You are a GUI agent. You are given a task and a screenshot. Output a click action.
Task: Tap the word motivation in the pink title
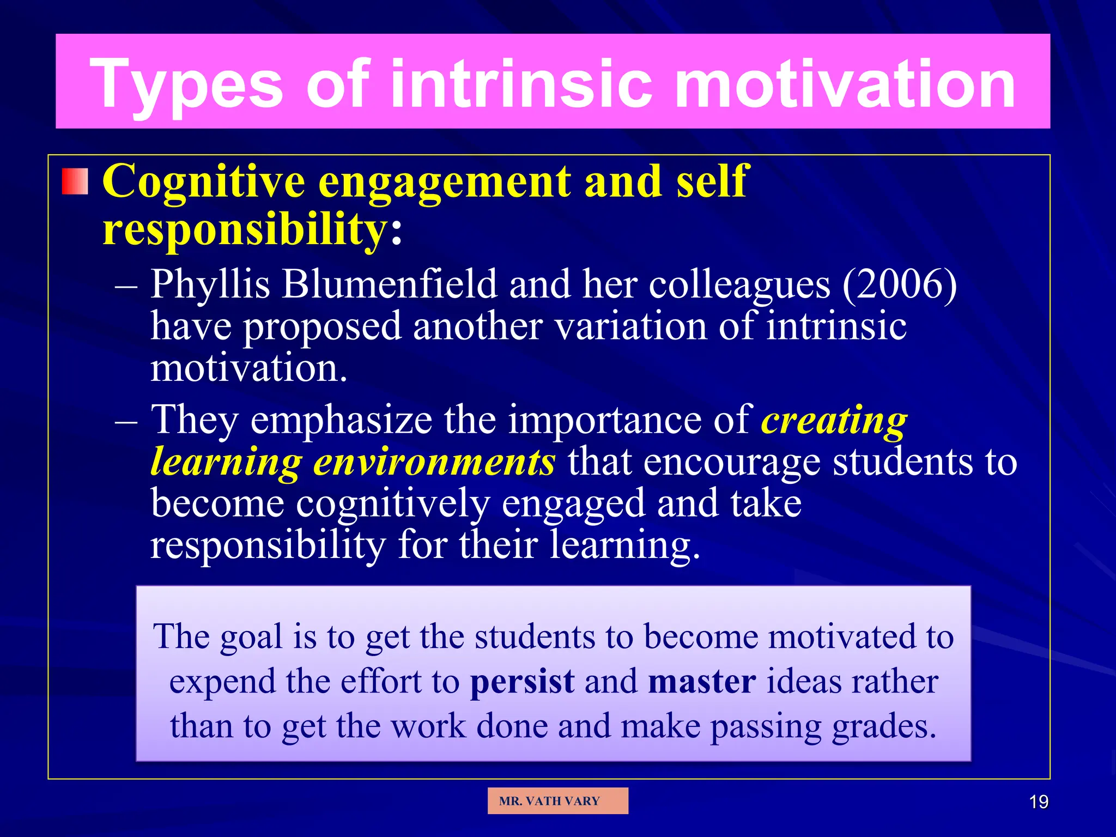pos(845,84)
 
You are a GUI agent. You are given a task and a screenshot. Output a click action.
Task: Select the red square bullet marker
pos(75,181)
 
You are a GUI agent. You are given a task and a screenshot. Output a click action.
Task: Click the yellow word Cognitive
pos(203,181)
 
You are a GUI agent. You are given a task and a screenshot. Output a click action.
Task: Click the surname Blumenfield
pos(389,284)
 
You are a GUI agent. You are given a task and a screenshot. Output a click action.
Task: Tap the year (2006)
pos(899,284)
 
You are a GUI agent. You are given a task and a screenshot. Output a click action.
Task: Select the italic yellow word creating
pos(834,421)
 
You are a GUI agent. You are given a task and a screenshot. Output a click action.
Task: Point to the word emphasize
pos(341,421)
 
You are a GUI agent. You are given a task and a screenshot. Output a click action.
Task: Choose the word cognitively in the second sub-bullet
pos(392,504)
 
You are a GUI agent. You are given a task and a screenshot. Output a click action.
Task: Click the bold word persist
pos(522,682)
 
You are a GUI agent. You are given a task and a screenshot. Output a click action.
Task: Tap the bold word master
pos(702,682)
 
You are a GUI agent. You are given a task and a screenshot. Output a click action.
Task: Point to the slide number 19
pos(1039,802)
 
